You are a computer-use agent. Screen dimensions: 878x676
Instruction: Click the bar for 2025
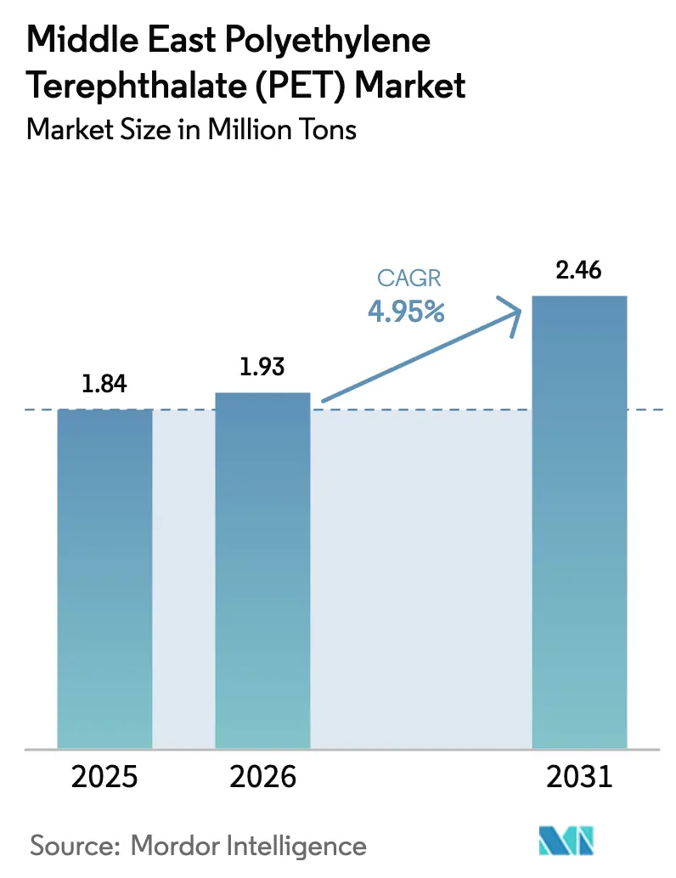104,577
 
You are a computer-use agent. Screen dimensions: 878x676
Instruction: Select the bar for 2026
262,569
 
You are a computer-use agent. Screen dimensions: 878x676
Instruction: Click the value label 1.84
104,385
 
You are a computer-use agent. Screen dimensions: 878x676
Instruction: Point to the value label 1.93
262,368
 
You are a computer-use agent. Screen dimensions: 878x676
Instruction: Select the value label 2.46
578,272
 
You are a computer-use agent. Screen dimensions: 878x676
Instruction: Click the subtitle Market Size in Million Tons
192,130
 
